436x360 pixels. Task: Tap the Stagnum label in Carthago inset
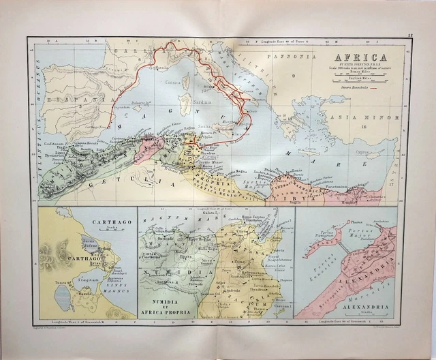click(91, 271)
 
